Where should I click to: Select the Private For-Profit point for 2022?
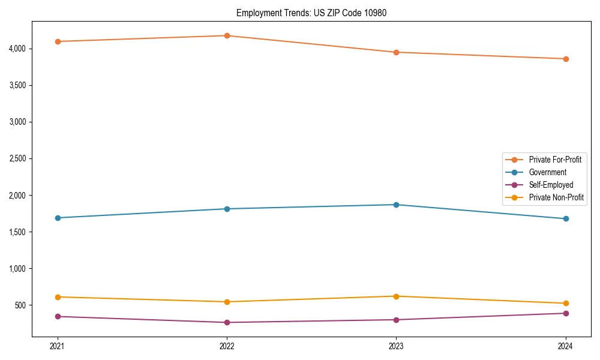coord(227,35)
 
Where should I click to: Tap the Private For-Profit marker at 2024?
coord(566,59)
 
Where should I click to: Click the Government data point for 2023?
coord(396,205)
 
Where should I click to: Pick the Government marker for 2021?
coord(58,218)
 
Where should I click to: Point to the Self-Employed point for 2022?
coord(227,322)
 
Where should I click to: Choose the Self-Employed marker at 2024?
coord(566,313)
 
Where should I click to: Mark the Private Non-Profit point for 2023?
coord(396,296)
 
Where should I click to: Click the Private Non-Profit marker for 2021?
coord(58,297)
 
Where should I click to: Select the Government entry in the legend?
coord(547,172)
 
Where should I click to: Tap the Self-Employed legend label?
coord(551,185)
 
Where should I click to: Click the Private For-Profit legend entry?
coord(555,160)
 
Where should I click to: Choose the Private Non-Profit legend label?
coord(556,197)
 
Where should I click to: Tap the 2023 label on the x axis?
coord(396,346)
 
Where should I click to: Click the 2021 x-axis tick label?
coord(58,346)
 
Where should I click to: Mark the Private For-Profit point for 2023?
coord(396,52)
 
